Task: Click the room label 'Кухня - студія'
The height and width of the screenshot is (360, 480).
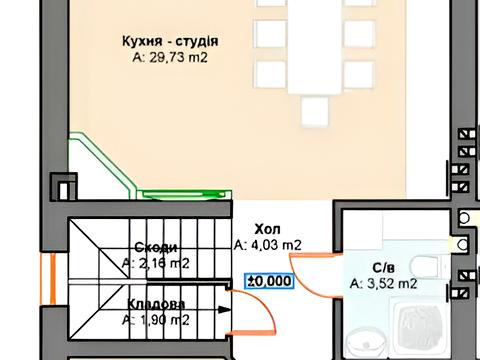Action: [169, 41]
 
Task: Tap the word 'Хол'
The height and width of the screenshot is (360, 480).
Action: [267, 228]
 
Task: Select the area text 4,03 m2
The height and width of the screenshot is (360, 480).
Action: [268, 244]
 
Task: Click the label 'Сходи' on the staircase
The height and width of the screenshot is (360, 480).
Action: [156, 248]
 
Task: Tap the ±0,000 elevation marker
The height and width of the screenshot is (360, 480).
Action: [269, 281]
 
